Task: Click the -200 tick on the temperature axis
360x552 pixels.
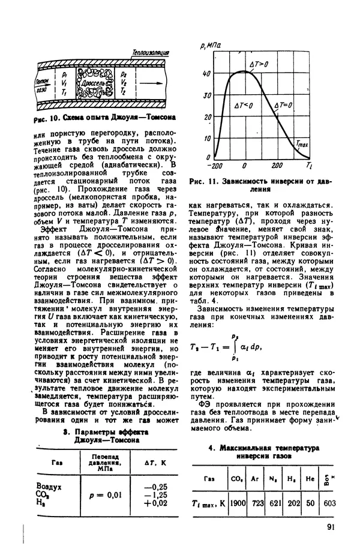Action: coord(212,166)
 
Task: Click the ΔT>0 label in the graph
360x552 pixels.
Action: coord(259,64)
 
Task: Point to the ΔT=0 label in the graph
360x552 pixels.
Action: coord(282,106)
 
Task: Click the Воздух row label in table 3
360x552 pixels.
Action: coord(49,486)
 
